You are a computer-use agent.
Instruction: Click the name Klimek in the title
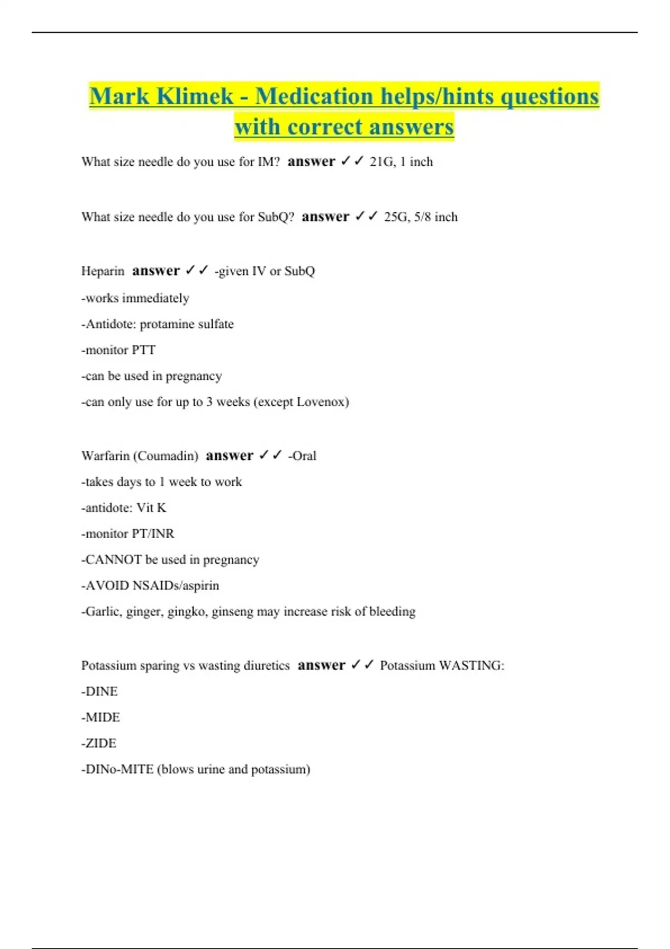195,96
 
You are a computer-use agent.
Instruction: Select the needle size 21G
381,162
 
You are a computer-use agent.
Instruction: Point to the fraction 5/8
423,217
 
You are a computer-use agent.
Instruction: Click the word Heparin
103,271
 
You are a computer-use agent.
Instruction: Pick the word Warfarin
105,456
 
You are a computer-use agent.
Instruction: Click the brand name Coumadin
165,456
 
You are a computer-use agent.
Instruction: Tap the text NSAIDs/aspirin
176,586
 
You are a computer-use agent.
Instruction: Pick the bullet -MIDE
101,717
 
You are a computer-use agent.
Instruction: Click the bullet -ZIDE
99,744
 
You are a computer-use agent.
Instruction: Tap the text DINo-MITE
119,769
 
